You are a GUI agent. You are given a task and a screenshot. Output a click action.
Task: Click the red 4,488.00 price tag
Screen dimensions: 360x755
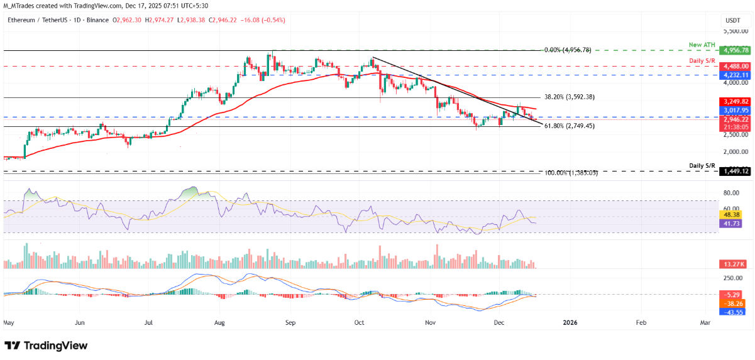735,65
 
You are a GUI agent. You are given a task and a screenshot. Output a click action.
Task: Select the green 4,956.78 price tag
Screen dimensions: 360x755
735,50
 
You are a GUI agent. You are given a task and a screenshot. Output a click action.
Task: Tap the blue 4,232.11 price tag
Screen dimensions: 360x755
735,74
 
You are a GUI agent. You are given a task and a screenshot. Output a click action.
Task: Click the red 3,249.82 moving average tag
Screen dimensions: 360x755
735,101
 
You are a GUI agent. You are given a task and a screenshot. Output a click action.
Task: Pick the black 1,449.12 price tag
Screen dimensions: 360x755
735,171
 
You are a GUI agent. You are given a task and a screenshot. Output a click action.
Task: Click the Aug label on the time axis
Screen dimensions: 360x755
219,322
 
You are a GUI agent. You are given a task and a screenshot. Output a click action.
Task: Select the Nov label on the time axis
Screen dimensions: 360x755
430,322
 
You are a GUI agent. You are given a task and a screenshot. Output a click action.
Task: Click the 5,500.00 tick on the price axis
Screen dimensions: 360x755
735,31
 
